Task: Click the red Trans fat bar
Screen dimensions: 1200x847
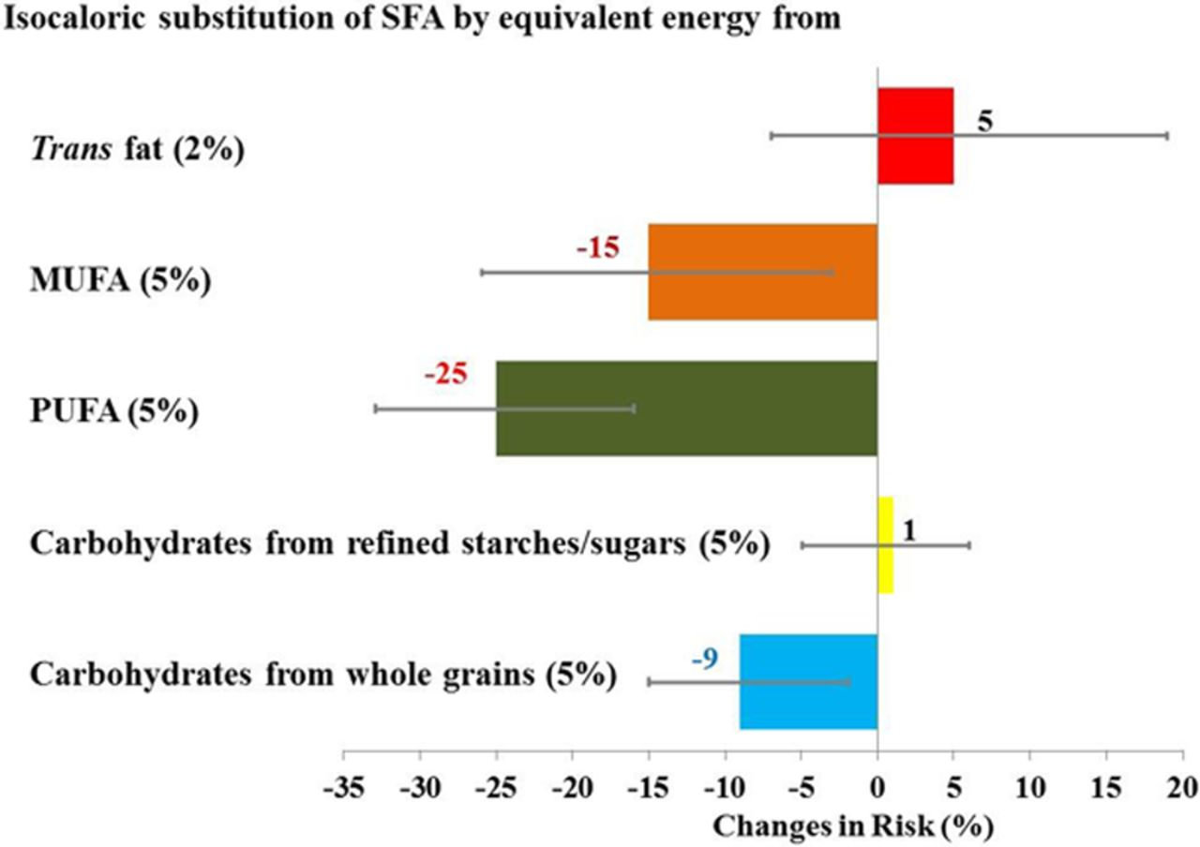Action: tap(916, 136)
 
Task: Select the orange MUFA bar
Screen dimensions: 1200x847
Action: tap(763, 272)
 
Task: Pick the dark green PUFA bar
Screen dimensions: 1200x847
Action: tap(687, 409)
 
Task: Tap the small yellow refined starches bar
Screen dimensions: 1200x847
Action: tap(886, 545)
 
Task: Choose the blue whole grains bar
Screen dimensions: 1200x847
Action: tap(809, 681)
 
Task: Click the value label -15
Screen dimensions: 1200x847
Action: tap(598, 247)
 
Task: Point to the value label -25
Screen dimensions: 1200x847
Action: tap(445, 374)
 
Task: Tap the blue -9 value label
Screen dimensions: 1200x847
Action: tap(704, 659)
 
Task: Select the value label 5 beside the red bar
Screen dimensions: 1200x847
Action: tap(984, 122)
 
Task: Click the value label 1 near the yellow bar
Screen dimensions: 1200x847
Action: tap(908, 531)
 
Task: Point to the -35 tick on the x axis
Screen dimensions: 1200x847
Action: tap(344, 788)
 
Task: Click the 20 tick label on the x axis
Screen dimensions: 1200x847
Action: tap(1182, 788)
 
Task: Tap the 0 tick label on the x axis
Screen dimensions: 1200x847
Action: tap(877, 788)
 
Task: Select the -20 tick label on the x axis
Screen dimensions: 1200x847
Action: tap(572, 788)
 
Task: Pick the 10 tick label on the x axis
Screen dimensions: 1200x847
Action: tap(1029, 788)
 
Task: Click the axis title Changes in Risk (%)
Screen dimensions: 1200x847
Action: tap(853, 826)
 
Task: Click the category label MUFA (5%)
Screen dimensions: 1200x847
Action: tap(121, 280)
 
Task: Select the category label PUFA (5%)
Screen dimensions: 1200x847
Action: tap(114, 412)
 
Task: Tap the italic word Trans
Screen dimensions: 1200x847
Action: tap(72, 148)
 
